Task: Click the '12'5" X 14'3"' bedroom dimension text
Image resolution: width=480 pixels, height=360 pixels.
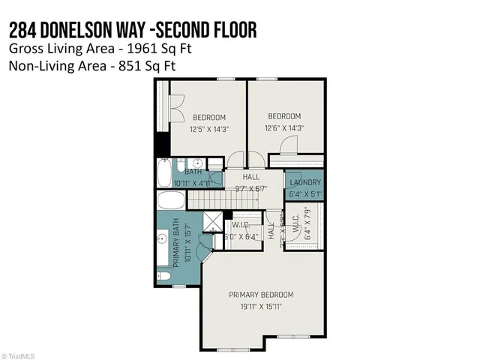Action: tap(209, 128)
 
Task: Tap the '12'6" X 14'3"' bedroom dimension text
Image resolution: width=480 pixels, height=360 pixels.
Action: tap(284, 127)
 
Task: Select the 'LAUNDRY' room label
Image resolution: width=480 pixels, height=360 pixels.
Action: tap(305, 183)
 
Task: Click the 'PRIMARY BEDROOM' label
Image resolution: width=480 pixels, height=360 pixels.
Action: tap(261, 295)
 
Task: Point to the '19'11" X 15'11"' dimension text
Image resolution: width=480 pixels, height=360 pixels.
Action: tap(261, 306)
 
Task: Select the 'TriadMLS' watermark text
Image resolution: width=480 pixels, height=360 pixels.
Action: tap(21, 355)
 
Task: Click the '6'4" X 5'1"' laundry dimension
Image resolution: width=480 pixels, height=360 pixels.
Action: tap(305, 194)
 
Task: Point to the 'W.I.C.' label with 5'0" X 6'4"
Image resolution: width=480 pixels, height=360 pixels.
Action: tap(241, 225)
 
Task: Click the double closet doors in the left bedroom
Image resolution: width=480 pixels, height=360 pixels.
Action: tap(178, 109)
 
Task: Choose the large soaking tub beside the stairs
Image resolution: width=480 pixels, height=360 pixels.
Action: tap(171, 201)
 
